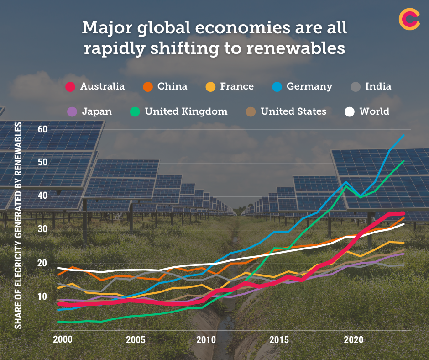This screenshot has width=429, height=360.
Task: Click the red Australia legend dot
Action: point(70,86)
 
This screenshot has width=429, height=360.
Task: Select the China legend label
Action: point(172,86)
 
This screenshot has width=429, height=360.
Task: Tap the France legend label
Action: point(236,86)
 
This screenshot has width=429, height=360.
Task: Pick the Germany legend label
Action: point(309,86)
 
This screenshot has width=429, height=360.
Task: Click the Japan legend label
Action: point(96,111)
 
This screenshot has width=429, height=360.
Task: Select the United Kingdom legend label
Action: point(186,111)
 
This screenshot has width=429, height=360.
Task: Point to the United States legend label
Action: point(293,111)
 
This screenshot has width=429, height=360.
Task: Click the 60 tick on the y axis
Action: point(42,129)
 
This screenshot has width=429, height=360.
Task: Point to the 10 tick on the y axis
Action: point(42,296)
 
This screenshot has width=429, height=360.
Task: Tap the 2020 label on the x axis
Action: point(353,340)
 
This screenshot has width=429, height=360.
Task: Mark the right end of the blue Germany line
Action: point(403,135)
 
